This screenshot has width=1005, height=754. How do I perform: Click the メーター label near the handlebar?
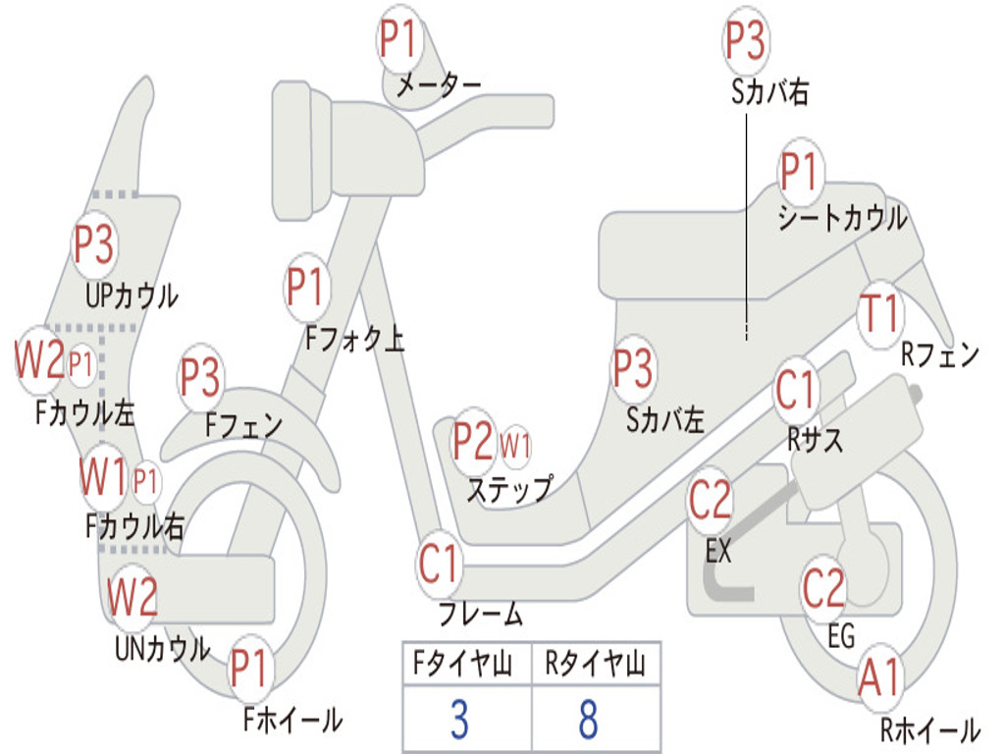tap(439, 84)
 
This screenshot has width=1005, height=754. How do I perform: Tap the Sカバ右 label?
tap(769, 91)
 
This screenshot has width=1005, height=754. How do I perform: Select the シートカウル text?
tap(842, 218)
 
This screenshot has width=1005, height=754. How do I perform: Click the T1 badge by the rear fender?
tap(880, 314)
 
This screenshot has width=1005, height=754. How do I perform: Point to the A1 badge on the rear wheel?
tap(880, 677)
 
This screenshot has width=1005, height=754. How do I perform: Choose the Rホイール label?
tap(930, 729)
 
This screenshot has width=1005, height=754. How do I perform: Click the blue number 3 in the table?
tap(459, 719)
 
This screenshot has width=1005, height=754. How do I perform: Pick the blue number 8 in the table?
tap(589, 719)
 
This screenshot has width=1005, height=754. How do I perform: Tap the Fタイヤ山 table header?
tap(462, 663)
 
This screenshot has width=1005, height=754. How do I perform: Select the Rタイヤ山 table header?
tap(595, 663)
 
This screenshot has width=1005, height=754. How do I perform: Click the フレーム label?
tap(481, 613)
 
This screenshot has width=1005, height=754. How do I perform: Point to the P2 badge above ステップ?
tap(474, 441)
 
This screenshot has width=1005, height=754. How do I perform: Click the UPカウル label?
tap(132, 296)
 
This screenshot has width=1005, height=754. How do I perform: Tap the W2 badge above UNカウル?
tap(132, 596)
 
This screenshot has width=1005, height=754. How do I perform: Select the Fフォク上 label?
tap(354, 338)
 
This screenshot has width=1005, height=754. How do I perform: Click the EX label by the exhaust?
tap(717, 550)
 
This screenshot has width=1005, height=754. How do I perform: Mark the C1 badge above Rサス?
tap(795, 389)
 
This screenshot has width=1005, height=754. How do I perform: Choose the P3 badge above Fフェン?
tap(200, 377)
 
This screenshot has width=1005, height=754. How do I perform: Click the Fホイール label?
tap(292, 720)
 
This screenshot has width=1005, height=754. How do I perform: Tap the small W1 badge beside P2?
tap(515, 445)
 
